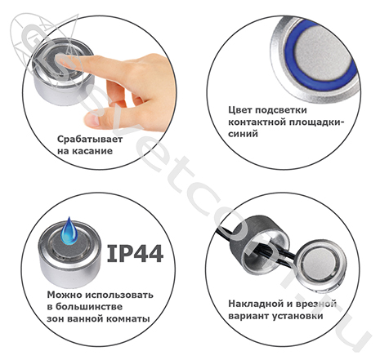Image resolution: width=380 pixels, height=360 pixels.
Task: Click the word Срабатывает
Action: point(90,140)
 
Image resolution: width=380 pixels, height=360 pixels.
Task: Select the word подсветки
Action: point(281,110)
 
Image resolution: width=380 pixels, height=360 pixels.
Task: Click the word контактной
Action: point(255,122)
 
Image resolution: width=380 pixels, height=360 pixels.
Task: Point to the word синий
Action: point(243,134)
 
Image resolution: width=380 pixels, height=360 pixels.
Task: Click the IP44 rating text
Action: point(136,254)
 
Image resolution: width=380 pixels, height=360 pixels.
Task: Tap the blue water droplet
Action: point(69,231)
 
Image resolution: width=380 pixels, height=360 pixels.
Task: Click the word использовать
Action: point(119,295)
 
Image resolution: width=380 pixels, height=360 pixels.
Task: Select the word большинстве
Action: point(89,307)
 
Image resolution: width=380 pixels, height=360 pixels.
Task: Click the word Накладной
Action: point(253,304)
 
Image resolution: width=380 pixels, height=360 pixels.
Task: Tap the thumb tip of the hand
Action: point(92,120)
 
